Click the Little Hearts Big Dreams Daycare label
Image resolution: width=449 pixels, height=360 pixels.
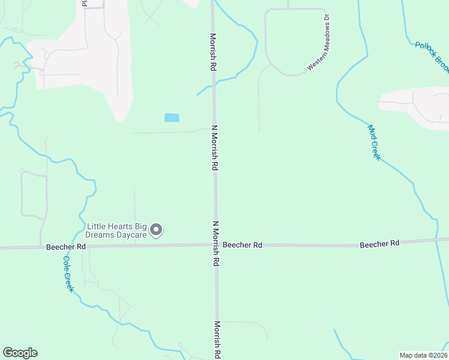[116, 230]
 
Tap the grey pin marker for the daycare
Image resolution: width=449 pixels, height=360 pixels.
[157, 230]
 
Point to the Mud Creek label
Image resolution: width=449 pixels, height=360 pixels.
[374, 142]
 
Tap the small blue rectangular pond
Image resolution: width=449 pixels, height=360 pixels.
[171, 118]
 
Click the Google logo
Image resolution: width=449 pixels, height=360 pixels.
[20, 353]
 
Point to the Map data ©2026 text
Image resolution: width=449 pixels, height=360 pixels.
[423, 355]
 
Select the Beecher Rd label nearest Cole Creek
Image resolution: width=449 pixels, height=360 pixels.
[66, 247]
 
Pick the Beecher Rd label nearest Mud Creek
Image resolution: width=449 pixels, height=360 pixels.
[379, 244]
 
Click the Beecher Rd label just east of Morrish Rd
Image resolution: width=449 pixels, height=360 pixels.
[243, 245]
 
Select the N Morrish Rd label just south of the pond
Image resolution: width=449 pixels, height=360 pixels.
[214, 148]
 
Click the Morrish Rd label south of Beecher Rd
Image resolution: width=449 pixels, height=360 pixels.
[217, 340]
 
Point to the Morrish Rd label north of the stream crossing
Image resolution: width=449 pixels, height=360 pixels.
[212, 52]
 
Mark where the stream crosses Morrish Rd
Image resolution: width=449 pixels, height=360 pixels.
[214, 86]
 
